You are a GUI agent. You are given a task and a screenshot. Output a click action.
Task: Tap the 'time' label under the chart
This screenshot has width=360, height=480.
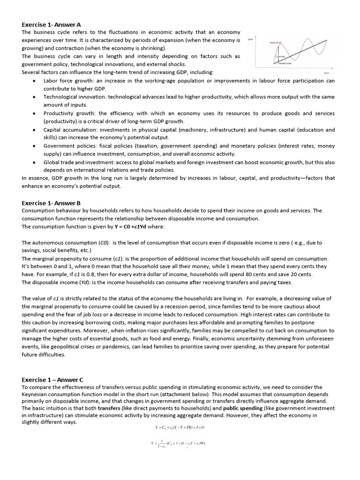[x=326, y=73]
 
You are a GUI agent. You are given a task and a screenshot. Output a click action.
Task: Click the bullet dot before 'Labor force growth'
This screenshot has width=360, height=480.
[x=35, y=81]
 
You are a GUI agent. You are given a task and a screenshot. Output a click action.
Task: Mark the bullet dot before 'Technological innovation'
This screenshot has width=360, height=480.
[x=35, y=97]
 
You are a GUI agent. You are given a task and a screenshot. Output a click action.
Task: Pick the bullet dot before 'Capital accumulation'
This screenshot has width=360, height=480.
[x=35, y=130]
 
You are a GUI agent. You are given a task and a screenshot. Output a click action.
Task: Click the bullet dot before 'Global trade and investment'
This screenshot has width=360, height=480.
[x=35, y=162]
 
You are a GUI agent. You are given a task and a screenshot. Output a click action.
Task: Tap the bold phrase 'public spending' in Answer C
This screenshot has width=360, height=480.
[x=243, y=408]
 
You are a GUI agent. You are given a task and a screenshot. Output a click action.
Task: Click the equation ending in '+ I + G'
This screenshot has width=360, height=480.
[x=180, y=427]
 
